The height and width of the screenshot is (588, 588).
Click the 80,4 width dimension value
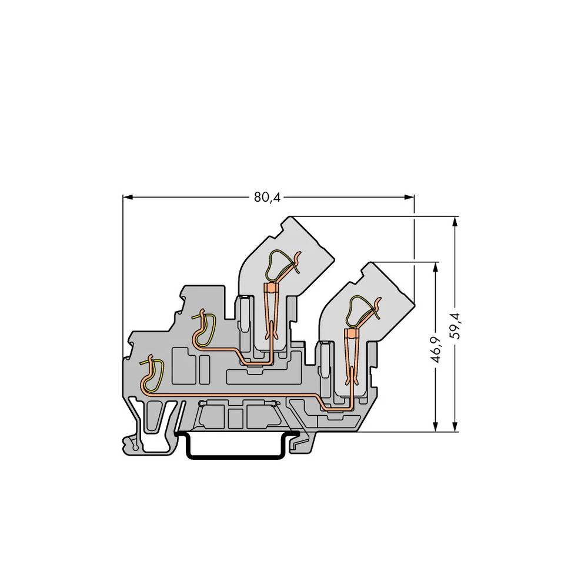pyautogui.click(x=267, y=198)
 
